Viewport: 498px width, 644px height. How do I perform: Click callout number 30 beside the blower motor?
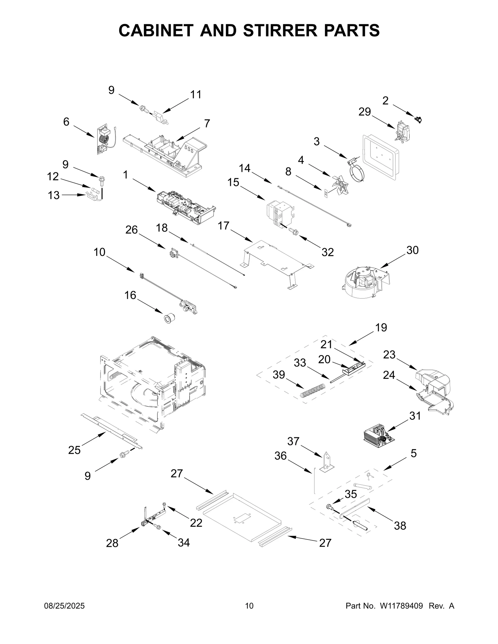tap(412, 250)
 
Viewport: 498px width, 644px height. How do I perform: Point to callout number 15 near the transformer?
tap(233, 183)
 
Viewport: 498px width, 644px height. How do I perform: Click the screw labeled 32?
tap(293, 231)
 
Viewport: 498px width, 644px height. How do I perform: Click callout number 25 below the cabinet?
tap(74, 450)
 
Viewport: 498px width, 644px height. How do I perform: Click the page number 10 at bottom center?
tap(249, 606)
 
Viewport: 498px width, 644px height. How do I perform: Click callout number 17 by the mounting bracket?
tap(223, 226)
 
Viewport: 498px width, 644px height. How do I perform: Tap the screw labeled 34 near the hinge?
tap(158, 526)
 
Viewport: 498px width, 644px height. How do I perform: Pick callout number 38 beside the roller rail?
tap(400, 526)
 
